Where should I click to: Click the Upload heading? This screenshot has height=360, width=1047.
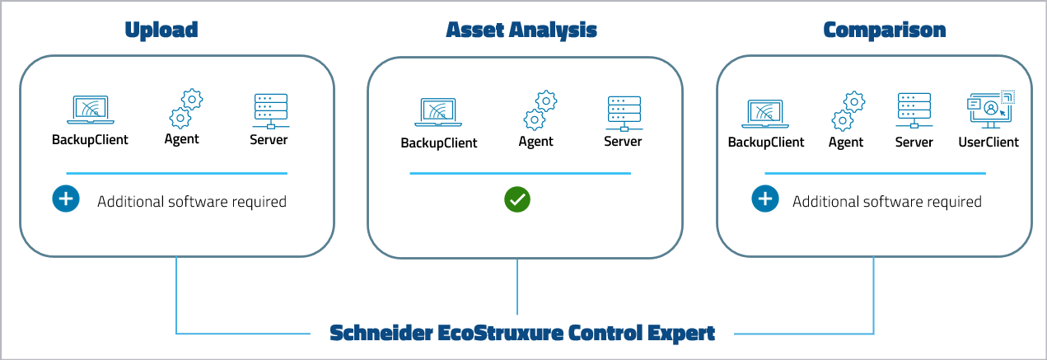[x=161, y=30]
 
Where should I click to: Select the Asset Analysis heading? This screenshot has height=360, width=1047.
[x=521, y=30]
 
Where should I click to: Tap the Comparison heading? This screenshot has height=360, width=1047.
[x=885, y=30]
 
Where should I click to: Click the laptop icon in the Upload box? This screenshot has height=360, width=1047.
[x=90, y=110]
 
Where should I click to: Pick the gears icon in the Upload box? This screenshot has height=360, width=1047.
[x=185, y=108]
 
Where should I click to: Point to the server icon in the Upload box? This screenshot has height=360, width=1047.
[x=269, y=110]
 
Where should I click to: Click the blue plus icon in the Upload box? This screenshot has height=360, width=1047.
[x=66, y=200]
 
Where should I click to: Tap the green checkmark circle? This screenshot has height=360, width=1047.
[x=518, y=199]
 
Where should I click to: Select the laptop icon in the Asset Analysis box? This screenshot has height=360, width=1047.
[x=439, y=114]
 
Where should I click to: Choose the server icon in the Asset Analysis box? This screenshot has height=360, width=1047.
[x=623, y=114]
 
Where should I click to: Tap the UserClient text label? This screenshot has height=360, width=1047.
[x=989, y=142]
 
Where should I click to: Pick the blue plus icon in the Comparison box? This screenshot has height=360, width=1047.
[x=764, y=199]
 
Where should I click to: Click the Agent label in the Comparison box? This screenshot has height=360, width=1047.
[x=846, y=142]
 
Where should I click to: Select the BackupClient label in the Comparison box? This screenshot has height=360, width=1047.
[x=766, y=142]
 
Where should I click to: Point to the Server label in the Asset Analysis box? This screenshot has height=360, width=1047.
[x=623, y=142]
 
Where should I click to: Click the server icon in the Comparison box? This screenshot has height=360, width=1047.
[x=914, y=110]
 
